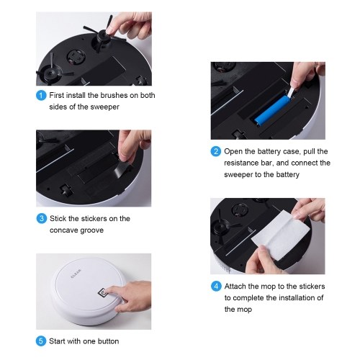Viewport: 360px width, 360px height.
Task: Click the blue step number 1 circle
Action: point(41,96)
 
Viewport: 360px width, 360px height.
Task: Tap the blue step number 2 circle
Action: point(215,151)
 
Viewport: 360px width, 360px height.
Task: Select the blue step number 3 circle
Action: point(42,219)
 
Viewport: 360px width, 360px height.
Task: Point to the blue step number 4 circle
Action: point(216,287)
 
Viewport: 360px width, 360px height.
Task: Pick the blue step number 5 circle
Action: point(41,341)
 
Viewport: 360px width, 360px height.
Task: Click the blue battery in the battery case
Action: point(272,110)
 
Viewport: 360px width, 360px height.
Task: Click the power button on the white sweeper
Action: point(102,292)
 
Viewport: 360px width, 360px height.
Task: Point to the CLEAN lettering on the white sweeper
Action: point(76,274)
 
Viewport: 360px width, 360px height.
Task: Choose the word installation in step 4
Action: point(296,298)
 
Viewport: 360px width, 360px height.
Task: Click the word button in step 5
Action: point(108,341)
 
